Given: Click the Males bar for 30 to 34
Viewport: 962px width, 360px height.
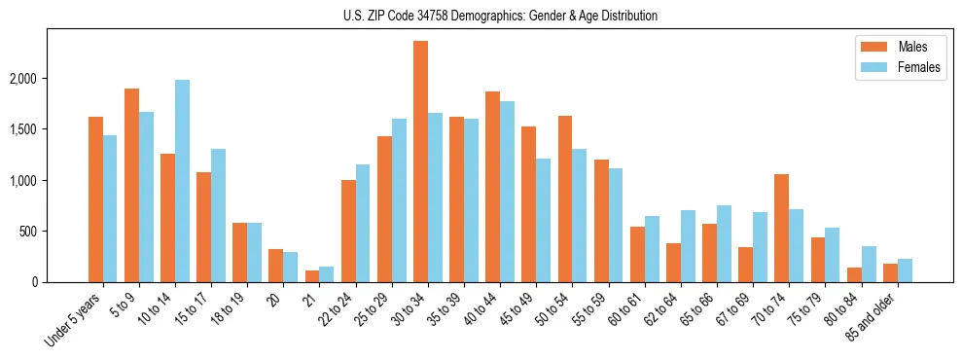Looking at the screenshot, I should point(420,162).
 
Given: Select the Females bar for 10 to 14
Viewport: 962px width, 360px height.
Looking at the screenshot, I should point(182,181).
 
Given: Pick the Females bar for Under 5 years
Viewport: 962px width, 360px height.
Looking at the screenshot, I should point(110,208).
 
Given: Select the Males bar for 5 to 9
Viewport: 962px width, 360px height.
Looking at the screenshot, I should point(131,185).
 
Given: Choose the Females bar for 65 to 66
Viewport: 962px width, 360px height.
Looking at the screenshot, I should point(724,243).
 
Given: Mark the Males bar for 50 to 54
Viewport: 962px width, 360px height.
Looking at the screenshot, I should point(565,198).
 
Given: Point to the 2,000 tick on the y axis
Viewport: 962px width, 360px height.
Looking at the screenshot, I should point(43,79).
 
